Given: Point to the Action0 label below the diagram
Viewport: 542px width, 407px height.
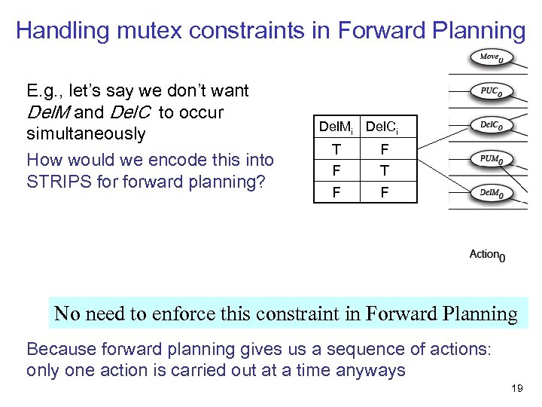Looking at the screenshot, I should pos(487,255).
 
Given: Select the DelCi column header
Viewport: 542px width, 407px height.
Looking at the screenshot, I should pos(381,127).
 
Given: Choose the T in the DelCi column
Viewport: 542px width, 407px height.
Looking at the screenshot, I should pos(384,171).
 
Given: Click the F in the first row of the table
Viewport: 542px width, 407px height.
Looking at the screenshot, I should pos(384,150).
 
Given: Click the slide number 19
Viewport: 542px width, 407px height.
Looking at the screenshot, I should pos(516,388).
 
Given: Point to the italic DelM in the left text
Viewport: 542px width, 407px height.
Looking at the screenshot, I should pos(47,112).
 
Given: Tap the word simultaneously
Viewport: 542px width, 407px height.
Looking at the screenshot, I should pos(85,134).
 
